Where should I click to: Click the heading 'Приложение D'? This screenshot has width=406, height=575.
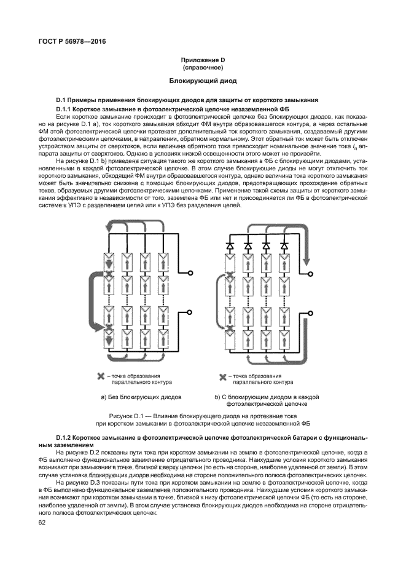203,59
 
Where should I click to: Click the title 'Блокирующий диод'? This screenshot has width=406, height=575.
203,81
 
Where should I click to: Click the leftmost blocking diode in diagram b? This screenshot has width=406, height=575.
230,245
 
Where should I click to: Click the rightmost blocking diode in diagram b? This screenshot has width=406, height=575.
284,245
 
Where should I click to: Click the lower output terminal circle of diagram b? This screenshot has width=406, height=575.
311,313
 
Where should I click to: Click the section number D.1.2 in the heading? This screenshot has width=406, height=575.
67,436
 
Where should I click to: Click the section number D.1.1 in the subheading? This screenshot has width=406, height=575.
68,108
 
